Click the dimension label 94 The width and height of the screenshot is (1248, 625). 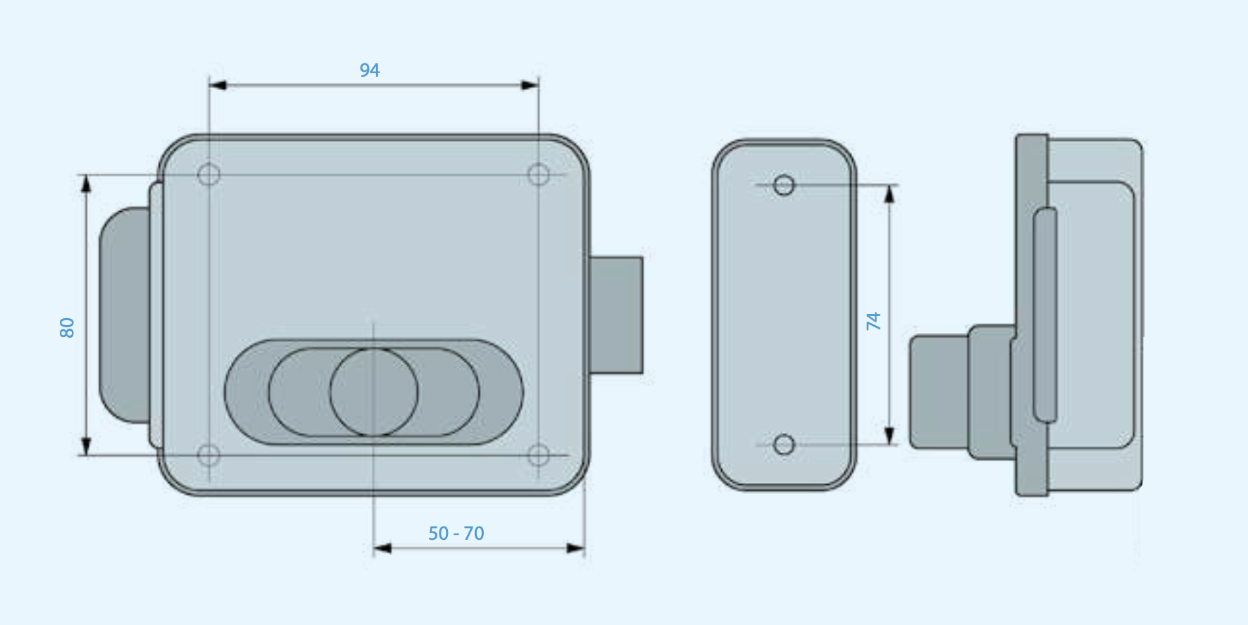[x=370, y=70]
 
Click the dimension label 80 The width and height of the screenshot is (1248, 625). [x=67, y=327]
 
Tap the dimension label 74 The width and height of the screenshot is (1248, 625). [x=873, y=321]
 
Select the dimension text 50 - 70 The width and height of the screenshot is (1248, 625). [x=456, y=534]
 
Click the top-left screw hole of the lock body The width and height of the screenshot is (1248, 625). [x=209, y=175]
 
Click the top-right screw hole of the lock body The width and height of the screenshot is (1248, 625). [x=539, y=175]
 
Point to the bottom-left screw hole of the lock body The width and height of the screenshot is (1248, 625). [x=208, y=455]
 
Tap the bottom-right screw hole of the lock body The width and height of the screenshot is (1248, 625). [x=539, y=455]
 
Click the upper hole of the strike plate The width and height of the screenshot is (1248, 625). [x=784, y=185]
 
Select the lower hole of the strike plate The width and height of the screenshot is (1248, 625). [x=784, y=445]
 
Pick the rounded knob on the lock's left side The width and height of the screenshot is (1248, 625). [x=125, y=315]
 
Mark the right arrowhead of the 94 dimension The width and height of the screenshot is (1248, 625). [x=530, y=85]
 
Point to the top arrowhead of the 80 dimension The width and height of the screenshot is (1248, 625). [x=86, y=184]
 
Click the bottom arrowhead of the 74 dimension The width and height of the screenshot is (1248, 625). [x=890, y=436]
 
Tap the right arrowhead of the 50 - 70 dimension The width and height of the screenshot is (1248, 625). [x=575, y=548]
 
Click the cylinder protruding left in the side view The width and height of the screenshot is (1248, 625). [x=938, y=392]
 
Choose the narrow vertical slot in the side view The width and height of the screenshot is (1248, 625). [x=1045, y=315]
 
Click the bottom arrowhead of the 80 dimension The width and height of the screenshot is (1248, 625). [x=86, y=446]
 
